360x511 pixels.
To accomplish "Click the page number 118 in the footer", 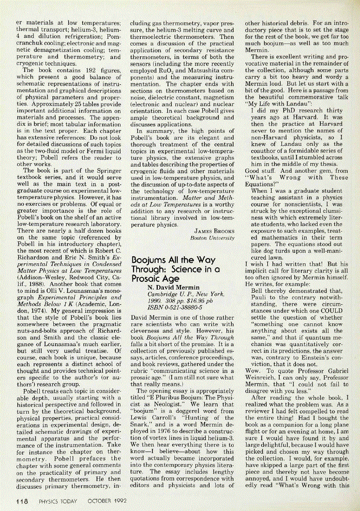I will [x=21, y=501].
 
